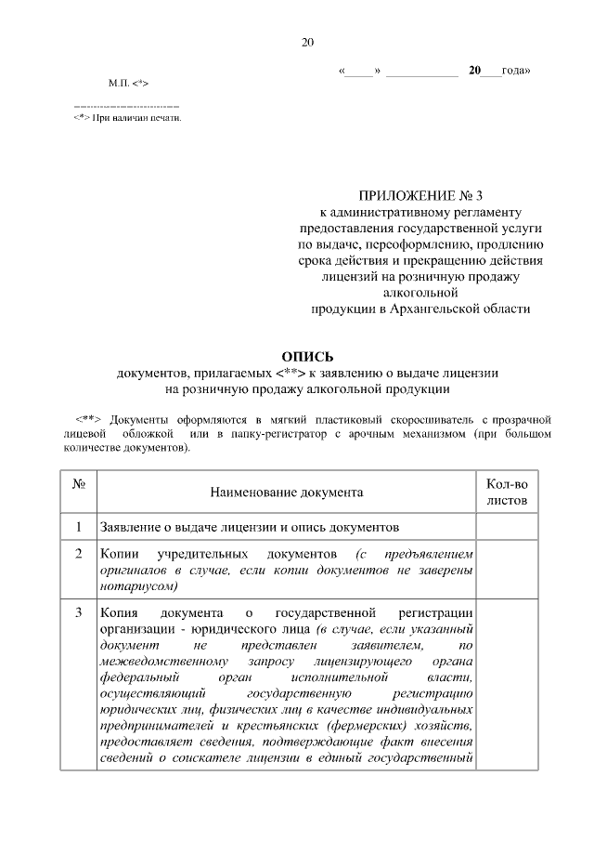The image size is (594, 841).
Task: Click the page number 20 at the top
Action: click(x=308, y=43)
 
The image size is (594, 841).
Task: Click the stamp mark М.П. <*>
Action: click(x=127, y=84)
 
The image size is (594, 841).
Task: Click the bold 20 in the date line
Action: click(x=475, y=71)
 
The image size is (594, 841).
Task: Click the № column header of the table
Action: click(x=79, y=484)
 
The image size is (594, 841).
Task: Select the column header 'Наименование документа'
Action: click(x=286, y=491)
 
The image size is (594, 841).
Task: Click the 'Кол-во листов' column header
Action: click(x=507, y=492)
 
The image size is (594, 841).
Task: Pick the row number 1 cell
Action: click(x=79, y=526)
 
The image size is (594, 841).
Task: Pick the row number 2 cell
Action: click(x=79, y=554)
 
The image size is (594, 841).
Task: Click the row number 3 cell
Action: click(x=79, y=614)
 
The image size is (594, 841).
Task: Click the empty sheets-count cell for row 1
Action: click(x=507, y=526)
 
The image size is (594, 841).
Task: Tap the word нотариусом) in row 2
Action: click(x=138, y=587)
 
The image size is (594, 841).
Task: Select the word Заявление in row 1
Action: click(x=133, y=526)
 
